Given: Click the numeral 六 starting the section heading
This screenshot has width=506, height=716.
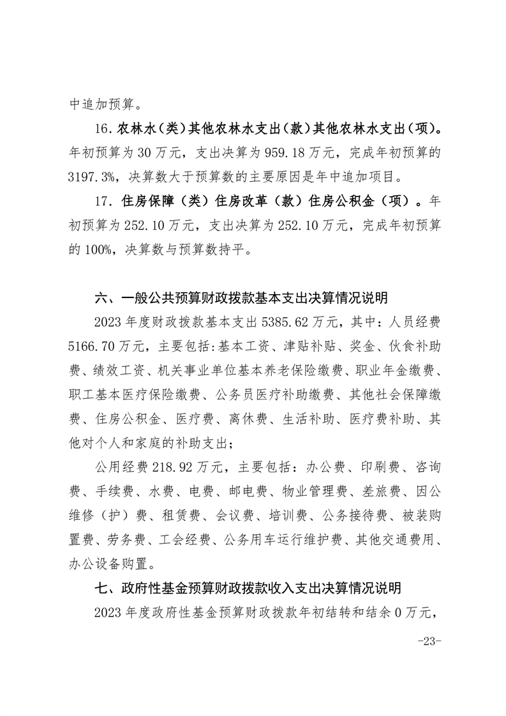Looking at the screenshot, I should [100, 298].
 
